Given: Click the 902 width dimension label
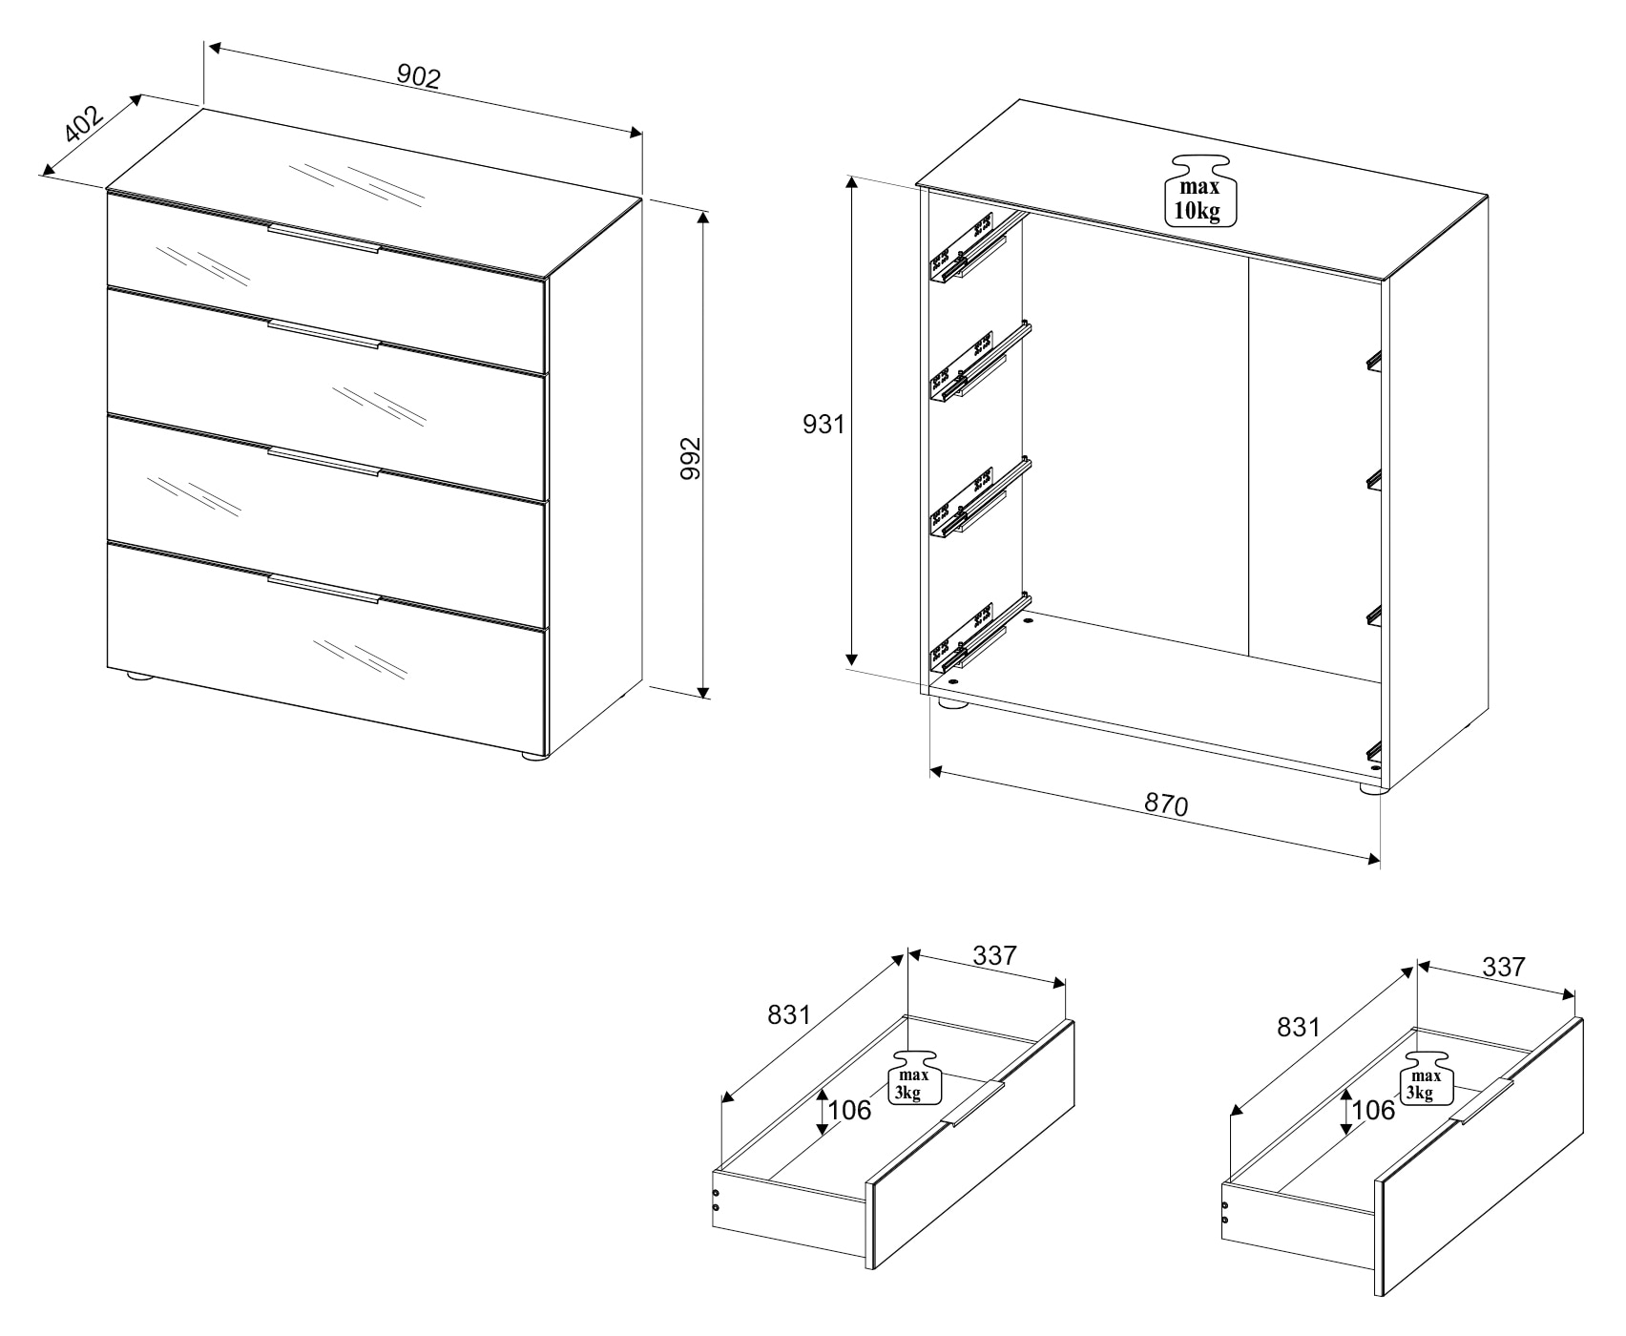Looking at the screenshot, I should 419,76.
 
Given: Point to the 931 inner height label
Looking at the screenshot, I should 823,424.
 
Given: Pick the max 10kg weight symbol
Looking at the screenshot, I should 1199,190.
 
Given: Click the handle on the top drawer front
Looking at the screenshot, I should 323,239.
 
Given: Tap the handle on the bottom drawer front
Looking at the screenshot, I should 323,589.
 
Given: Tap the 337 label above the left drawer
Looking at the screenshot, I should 995,954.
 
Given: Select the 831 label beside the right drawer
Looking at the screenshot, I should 1299,1028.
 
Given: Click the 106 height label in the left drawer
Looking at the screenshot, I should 848,1110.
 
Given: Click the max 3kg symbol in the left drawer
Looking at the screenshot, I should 915,1078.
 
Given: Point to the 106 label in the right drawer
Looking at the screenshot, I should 1373,1110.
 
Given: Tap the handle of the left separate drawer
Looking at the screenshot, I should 972,1104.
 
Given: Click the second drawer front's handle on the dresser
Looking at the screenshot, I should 323,334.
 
